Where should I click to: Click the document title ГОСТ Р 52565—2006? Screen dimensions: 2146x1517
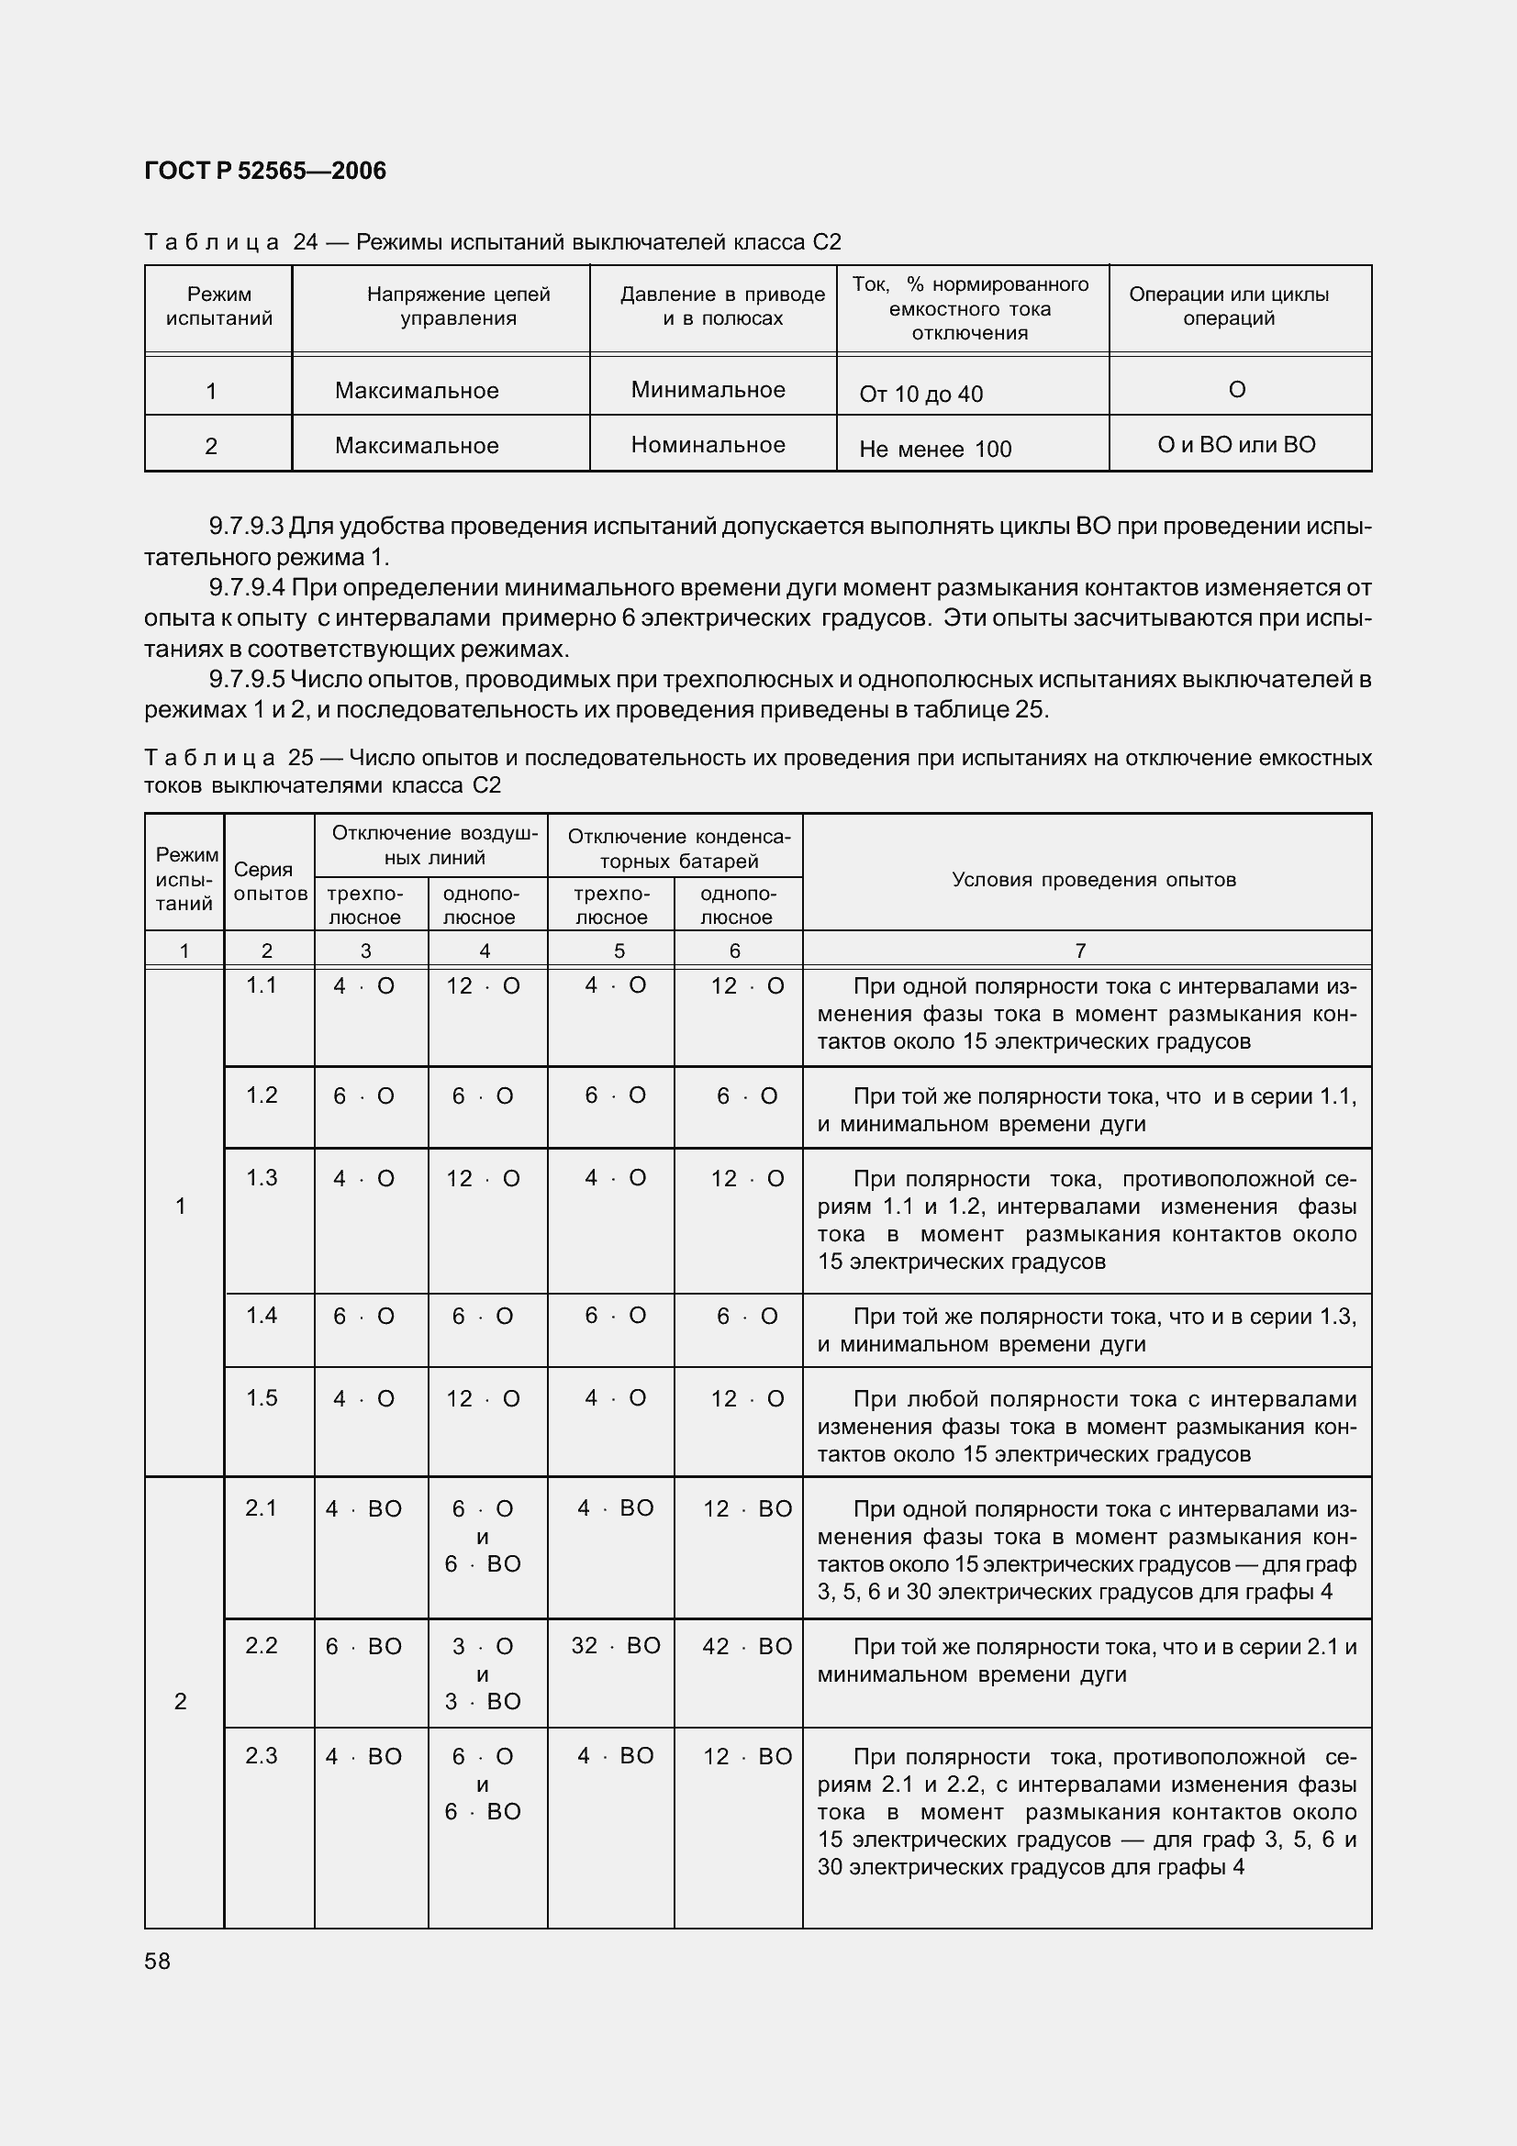click(265, 171)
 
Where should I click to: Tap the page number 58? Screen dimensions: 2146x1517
click(158, 1962)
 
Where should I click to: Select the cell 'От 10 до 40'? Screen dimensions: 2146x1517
click(920, 395)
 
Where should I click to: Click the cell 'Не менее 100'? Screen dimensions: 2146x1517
click(934, 450)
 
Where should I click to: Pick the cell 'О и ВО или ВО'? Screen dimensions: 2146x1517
click(1235, 445)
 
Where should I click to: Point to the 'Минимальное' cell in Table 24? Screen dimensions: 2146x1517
click(708, 390)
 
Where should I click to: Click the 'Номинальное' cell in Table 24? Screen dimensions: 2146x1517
click(708, 445)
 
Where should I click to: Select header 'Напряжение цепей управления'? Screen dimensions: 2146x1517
click(458, 306)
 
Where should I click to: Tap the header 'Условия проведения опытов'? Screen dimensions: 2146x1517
click(1094, 880)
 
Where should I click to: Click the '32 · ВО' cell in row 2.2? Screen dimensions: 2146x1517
click(615, 1646)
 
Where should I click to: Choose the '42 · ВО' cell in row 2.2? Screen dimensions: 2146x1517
click(746, 1646)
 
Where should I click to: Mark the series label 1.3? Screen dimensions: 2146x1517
click(262, 1178)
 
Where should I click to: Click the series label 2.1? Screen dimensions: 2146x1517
click(262, 1507)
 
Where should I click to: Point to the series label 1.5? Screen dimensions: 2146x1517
click(262, 1397)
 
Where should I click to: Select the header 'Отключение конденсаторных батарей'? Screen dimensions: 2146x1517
click(678, 848)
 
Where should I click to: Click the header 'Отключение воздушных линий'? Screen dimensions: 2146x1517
click(435, 845)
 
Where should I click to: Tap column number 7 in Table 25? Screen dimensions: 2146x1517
click(1080, 951)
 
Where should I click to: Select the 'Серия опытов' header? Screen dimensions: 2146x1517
click(269, 882)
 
